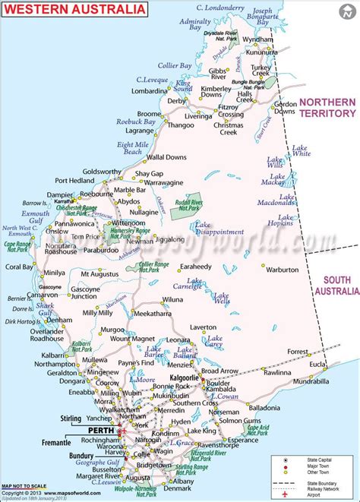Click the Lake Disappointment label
(x=219, y=229)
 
